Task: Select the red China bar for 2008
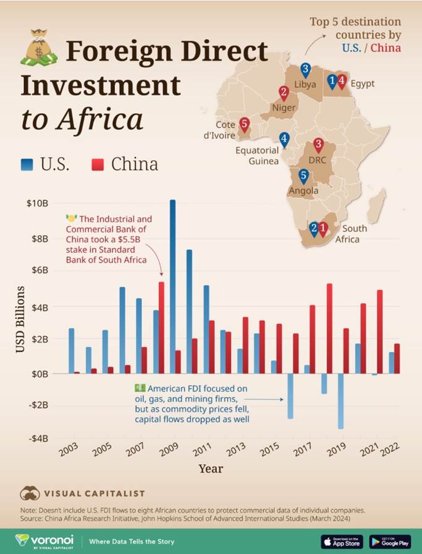[x=161, y=327]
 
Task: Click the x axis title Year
[x=211, y=468]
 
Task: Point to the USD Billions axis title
[x=21, y=320]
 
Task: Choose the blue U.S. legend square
[x=27, y=164]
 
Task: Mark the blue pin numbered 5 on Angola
[x=303, y=177]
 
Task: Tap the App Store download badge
[x=342, y=542]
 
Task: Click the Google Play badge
[x=390, y=542]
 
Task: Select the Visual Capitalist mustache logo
[x=30, y=493]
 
